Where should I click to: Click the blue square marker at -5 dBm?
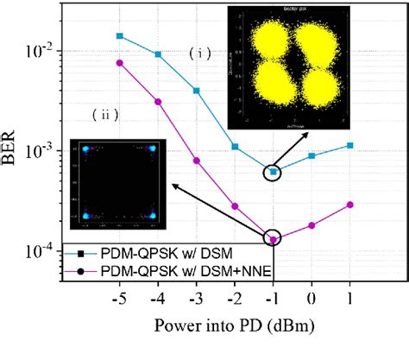pos(120,36)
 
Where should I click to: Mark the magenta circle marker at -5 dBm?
pos(120,62)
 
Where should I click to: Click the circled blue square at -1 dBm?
pos(274,173)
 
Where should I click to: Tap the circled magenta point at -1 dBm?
pos(274,240)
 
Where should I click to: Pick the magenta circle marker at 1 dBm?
pos(349,205)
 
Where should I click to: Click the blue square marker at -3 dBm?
pos(197,91)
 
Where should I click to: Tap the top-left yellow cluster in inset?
pos(261,40)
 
